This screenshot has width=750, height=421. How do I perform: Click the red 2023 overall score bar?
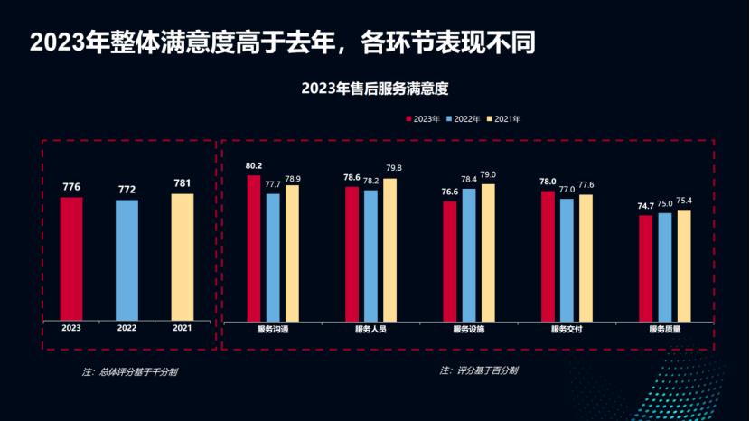pos(71,258)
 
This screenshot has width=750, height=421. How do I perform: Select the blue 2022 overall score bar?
pos(127,260)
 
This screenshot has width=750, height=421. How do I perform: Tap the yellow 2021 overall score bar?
pos(183,257)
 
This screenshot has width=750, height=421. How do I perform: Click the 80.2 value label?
pos(254,166)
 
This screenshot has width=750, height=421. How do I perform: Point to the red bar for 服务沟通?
pos(254,248)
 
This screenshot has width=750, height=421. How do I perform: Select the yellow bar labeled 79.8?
pos(389,249)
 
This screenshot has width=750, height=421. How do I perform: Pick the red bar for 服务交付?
pos(548,256)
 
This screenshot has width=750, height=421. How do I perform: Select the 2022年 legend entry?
pos(463,118)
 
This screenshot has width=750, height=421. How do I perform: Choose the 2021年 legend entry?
pos(503,118)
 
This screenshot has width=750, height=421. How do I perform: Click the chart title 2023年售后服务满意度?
pos(375,89)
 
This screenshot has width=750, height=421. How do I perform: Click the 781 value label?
pos(183,184)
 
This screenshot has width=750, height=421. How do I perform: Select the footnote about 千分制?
pos(129,371)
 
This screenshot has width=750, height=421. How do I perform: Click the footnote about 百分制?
pos(479,370)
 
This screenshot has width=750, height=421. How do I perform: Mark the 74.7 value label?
pos(645,206)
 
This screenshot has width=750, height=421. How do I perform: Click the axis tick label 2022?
pos(127,329)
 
